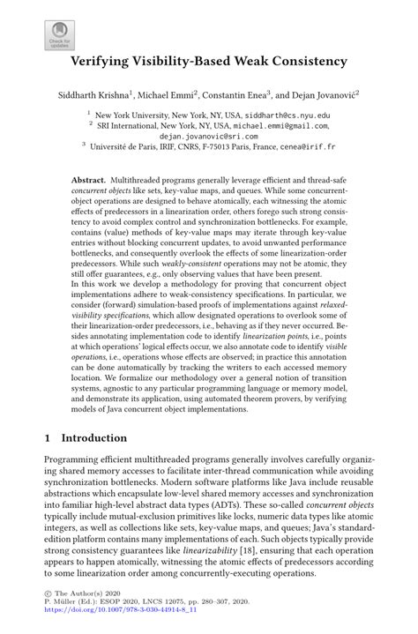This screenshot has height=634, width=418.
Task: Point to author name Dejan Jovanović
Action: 331,93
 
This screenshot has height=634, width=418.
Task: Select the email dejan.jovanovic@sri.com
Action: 209,137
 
